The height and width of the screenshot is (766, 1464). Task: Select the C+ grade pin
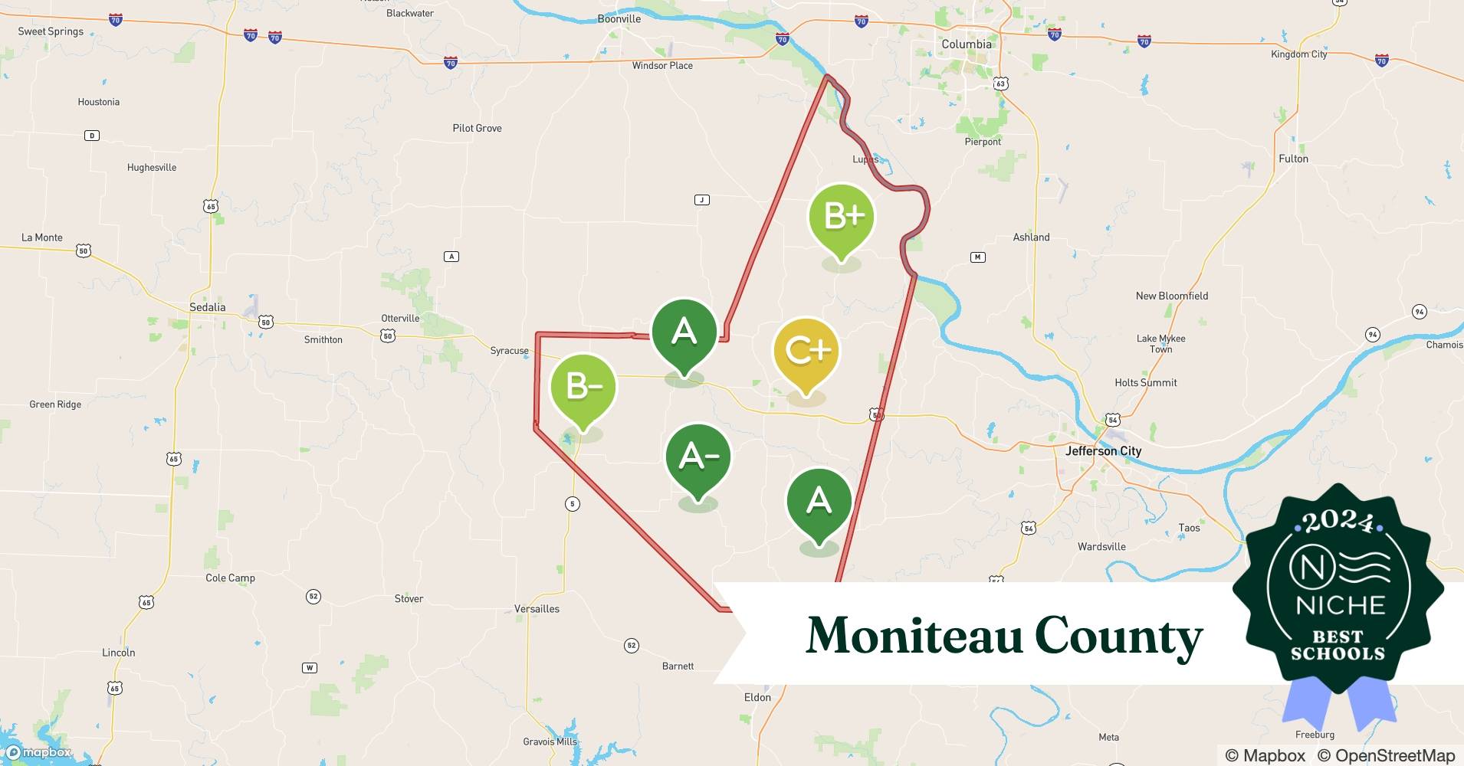click(806, 352)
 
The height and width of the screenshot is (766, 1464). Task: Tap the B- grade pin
click(583, 388)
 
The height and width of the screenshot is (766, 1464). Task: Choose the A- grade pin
click(698, 457)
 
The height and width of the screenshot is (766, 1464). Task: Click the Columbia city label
click(966, 44)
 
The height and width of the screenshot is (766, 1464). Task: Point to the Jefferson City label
click(1103, 451)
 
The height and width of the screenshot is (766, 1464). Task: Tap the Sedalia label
click(207, 307)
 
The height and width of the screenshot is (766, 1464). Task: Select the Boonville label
click(619, 18)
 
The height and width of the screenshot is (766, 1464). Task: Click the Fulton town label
click(1293, 159)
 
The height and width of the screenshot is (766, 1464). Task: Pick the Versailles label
click(537, 609)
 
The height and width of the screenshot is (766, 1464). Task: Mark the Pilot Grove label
click(477, 128)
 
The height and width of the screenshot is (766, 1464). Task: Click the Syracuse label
click(509, 351)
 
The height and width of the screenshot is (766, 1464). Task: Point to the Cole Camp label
click(230, 578)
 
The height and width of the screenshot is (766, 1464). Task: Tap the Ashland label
click(1031, 237)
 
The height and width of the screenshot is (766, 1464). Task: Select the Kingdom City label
click(1298, 54)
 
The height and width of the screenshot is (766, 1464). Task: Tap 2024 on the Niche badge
click(1338, 522)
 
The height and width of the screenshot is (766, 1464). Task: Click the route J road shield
click(701, 200)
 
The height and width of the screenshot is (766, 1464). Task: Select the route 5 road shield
click(572, 503)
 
